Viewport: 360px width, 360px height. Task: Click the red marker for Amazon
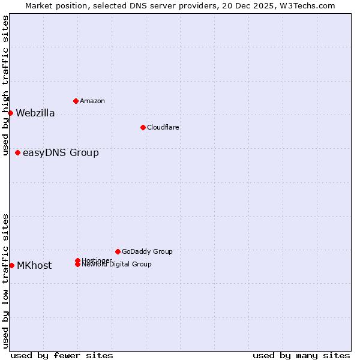(76, 101)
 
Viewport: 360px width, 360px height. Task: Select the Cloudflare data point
(143, 127)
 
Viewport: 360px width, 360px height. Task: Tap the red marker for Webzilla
(10, 113)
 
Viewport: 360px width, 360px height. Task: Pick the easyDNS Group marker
(17, 152)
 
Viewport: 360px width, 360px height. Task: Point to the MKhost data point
(11, 265)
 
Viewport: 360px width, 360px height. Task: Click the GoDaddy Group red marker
(118, 251)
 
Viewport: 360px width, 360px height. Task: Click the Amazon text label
(92, 101)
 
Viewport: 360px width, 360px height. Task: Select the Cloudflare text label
(163, 127)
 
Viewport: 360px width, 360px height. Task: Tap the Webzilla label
(35, 113)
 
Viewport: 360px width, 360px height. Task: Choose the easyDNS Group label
(61, 153)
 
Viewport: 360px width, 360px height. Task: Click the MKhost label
(34, 266)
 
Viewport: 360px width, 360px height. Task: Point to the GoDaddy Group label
(147, 252)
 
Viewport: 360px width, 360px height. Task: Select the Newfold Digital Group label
(117, 265)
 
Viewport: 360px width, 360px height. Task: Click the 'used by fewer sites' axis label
(62, 355)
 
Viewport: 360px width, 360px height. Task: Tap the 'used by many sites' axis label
(301, 355)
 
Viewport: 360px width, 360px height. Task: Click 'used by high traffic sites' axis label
(6, 85)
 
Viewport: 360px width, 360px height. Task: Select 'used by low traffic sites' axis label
(6, 281)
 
